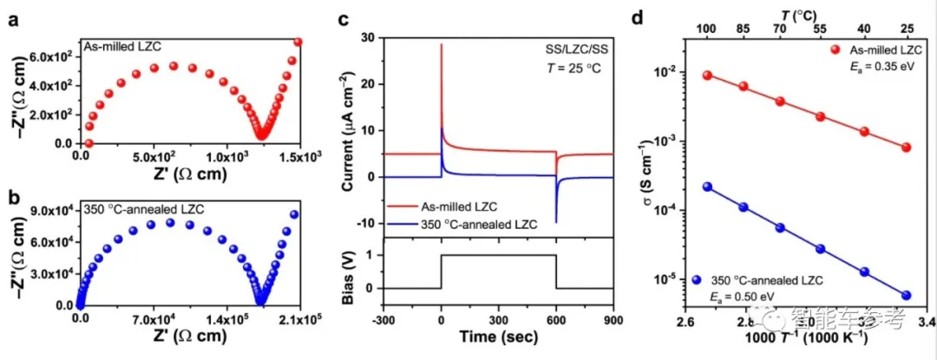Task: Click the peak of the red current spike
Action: pos(442,44)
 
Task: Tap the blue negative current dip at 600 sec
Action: pos(556,221)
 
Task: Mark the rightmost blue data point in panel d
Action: pos(907,295)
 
